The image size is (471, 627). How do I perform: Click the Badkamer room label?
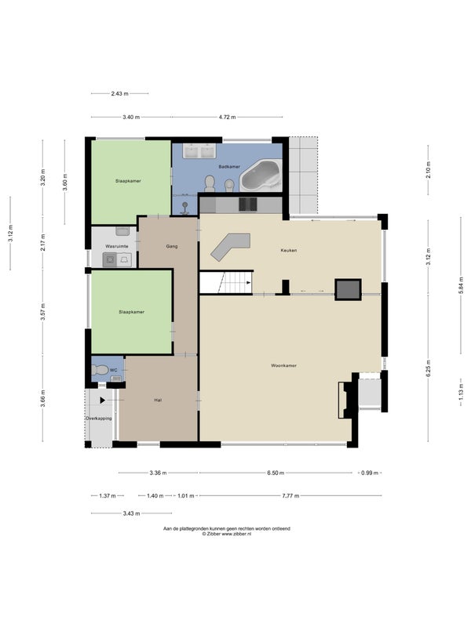[229, 166]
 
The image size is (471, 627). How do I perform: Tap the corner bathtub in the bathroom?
[261, 176]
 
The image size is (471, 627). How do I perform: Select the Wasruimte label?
[117, 246]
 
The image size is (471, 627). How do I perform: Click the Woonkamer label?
[283, 365]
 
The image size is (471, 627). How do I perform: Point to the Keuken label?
[289, 250]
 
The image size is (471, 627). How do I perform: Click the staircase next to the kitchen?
[226, 282]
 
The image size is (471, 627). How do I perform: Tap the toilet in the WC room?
[100, 370]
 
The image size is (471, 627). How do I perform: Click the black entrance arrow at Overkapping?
[103, 400]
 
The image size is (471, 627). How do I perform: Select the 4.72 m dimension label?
[227, 117]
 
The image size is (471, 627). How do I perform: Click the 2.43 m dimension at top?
[120, 93]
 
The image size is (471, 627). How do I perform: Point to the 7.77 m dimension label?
[290, 496]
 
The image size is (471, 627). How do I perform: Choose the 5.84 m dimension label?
[461, 285]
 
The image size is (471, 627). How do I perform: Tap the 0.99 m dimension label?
[370, 473]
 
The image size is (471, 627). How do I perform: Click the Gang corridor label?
[172, 246]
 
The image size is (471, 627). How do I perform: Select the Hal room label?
[159, 400]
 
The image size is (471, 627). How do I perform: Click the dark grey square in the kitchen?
[348, 289]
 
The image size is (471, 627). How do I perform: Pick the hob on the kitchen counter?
[248, 205]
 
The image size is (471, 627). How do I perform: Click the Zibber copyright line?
[227, 534]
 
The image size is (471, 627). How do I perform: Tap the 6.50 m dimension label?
[276, 473]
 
